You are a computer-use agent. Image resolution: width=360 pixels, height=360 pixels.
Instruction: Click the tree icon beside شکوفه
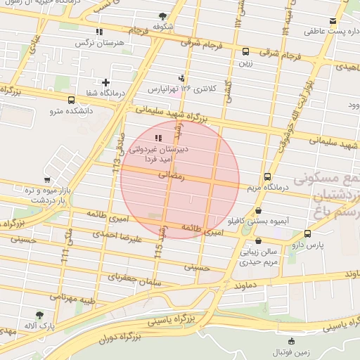[163, 16]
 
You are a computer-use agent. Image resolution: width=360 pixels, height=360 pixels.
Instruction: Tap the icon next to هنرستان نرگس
[100, 32]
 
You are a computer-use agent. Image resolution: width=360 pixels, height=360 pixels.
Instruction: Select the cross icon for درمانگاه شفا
[106, 82]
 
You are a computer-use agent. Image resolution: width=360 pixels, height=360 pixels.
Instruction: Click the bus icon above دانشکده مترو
[71, 100]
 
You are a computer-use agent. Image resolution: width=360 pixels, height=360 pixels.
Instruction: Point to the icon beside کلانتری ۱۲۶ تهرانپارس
[182, 78]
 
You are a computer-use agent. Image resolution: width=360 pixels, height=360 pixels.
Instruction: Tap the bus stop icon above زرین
[245, 51]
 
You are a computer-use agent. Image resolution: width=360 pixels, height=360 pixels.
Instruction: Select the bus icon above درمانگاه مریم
[267, 177]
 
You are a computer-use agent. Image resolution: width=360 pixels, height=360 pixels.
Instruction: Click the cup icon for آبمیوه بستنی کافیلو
[259, 210]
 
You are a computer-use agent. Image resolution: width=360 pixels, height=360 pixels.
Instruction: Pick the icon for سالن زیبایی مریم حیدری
[259, 240]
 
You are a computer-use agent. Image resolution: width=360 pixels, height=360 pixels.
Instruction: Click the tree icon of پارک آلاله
[39, 316]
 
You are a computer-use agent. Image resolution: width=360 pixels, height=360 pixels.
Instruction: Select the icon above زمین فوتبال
[283, 340]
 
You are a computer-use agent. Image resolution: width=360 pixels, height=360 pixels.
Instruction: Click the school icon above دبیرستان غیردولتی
[157, 139]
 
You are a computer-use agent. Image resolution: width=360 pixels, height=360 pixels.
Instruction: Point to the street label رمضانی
[172, 178]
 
